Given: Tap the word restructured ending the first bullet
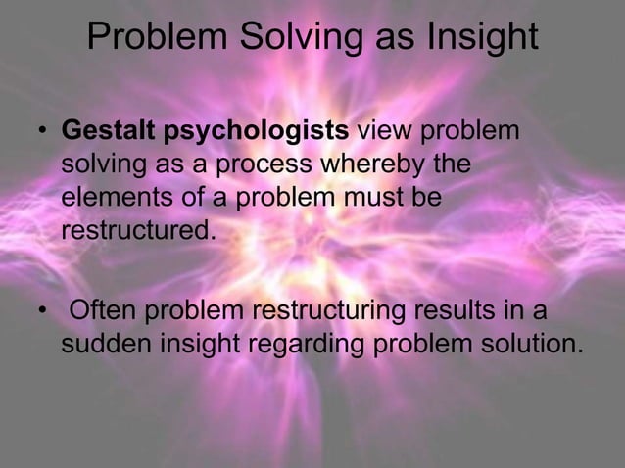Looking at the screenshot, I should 136,233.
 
